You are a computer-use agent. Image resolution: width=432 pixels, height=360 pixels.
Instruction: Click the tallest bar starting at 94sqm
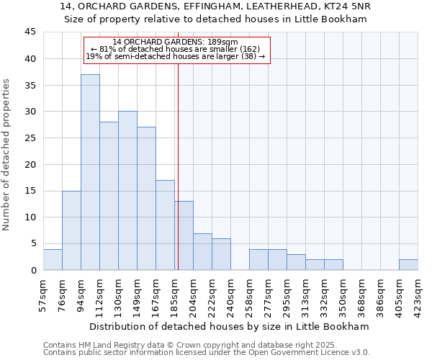(x=90, y=173)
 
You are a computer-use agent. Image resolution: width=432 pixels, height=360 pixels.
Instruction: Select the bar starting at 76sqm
(x=71, y=230)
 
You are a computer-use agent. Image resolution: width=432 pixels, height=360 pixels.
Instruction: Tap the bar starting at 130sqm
(x=127, y=191)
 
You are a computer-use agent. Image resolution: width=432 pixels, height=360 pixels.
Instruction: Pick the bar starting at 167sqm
(x=165, y=225)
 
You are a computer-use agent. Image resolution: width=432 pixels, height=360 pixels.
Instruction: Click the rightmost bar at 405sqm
(x=408, y=265)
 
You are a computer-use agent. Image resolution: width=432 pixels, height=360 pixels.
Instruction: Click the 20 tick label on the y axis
(x=30, y=164)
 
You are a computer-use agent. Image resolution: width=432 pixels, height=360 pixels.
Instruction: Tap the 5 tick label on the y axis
(x=32, y=243)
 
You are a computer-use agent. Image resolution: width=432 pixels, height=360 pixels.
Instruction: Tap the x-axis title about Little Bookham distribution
(x=229, y=326)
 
